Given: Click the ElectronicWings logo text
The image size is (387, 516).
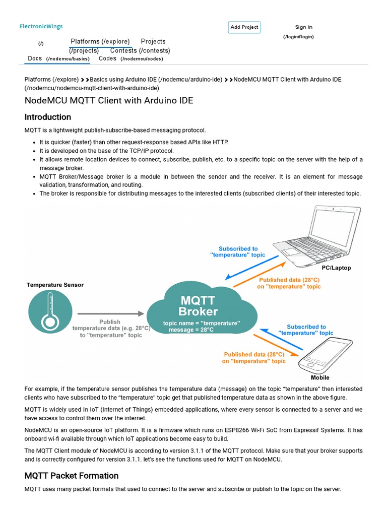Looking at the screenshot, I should point(41,27).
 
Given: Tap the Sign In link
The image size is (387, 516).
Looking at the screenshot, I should point(303,27).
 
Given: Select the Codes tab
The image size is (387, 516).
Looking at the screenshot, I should point(107,58).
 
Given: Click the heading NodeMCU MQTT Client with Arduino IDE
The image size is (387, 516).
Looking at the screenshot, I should point(108,101).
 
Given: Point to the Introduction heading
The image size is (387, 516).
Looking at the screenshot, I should point(48,117).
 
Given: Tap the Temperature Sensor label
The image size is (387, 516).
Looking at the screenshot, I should point(55,285).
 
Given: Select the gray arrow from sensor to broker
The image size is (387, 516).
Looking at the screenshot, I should point(111,313).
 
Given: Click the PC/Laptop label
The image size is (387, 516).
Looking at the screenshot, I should point(336,268).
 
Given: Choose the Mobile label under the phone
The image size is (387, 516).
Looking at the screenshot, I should point(320,377).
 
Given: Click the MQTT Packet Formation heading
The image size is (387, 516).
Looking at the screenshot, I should point(71,476).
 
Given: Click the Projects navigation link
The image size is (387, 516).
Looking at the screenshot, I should point(153,41).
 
